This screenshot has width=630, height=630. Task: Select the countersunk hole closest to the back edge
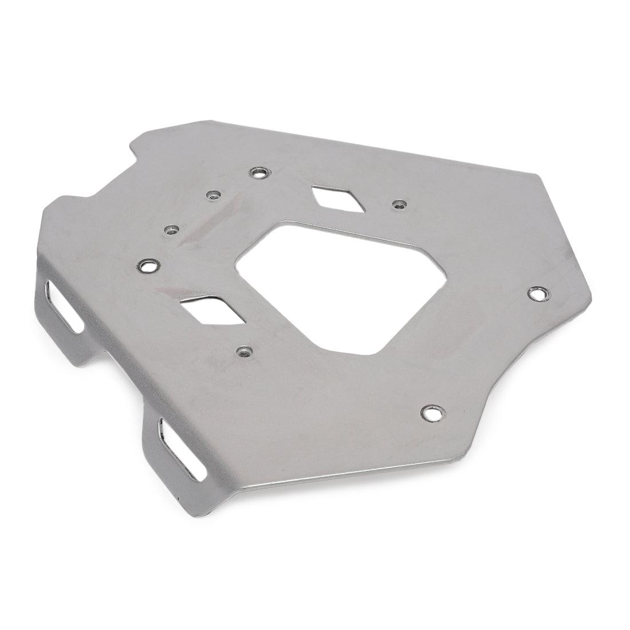(258, 172)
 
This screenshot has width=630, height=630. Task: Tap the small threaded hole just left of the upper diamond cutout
(213, 195)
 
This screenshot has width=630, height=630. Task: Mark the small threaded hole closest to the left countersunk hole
(170, 230)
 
